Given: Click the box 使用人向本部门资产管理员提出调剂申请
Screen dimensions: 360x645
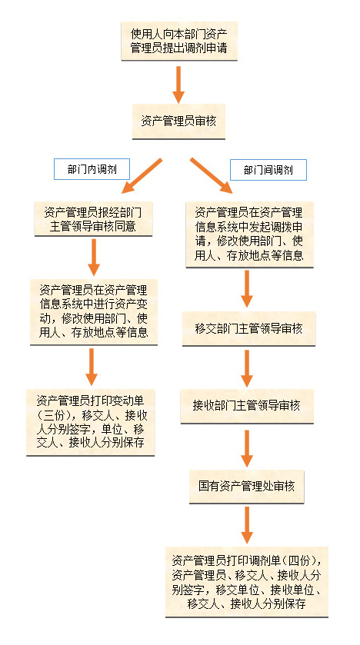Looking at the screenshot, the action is pos(179,42).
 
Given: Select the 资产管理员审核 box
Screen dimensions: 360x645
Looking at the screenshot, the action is pos(178,121).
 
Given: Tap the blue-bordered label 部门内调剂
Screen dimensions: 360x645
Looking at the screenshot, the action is pos(92,169).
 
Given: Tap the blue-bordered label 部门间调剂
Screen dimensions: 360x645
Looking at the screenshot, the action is pos(268,170).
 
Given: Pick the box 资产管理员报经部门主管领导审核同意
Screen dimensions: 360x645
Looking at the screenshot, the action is pos(93,219).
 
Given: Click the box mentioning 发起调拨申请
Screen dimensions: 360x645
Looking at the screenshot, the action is pos(249,234).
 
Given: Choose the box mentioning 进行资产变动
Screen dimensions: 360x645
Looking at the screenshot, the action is pos(94,312).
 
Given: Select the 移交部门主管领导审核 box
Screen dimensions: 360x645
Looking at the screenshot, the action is pos(248,329).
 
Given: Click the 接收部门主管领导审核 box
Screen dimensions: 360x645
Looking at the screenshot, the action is pos(247,406).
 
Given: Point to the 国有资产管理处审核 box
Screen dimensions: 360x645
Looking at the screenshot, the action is pos(246,486).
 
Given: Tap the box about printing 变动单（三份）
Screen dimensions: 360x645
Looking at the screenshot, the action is pos(91,422).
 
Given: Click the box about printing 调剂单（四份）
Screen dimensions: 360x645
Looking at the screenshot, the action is pos(247,582).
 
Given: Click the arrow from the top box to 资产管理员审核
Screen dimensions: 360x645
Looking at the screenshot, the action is pos(178,84).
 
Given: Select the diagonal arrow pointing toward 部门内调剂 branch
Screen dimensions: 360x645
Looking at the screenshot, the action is pos(142,175).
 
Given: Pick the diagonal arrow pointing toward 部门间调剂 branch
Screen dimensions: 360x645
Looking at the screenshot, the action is pos(211,175).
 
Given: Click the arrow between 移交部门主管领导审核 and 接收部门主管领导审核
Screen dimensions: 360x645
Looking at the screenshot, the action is pos(247,368).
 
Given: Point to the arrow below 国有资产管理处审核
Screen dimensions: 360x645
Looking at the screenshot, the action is pos(247,525).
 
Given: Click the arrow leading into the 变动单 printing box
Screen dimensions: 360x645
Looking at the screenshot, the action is pos(92,367).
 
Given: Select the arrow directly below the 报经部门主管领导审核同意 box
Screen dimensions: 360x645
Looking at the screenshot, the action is pos(94,258).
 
